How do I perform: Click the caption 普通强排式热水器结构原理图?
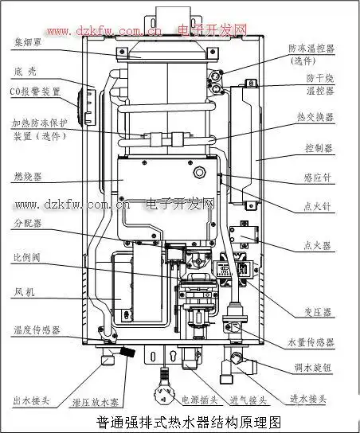click(188, 423)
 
